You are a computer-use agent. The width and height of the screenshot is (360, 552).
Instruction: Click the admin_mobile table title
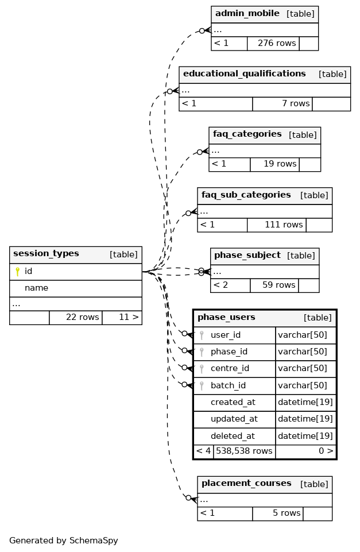247,14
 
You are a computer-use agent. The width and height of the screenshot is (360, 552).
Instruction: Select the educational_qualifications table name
244,74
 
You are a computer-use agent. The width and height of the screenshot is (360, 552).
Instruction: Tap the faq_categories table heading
247,134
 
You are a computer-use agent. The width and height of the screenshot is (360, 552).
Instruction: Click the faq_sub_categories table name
246,195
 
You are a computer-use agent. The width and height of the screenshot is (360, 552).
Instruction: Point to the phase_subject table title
247,256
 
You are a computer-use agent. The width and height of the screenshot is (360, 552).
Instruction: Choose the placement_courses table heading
246,484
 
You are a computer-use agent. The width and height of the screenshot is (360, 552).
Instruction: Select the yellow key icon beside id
17,272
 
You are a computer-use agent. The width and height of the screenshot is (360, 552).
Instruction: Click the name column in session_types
36,288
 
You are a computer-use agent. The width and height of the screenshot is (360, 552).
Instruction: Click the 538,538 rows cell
244,451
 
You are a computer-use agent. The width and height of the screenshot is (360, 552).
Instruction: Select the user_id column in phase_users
225,335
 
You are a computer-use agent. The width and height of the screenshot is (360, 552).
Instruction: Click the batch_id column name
228,386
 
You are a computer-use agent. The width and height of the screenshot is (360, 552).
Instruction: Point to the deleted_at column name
232,437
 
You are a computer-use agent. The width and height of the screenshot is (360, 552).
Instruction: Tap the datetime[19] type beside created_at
305,403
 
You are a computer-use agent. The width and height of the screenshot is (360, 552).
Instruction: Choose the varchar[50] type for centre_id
302,369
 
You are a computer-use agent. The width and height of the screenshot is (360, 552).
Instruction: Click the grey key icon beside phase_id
202,352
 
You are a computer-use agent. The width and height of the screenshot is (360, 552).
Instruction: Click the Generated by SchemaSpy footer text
63,541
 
